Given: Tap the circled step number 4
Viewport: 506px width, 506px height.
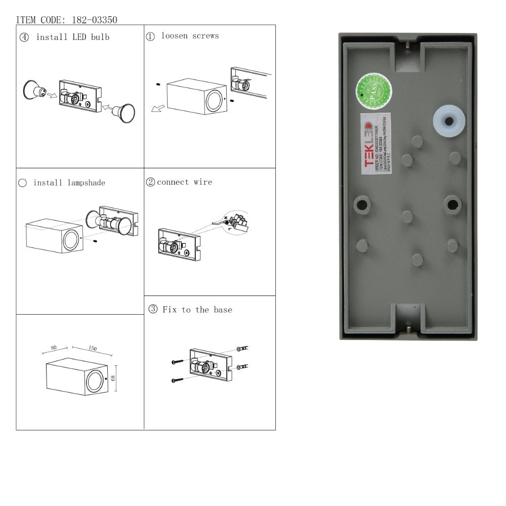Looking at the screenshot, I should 24,37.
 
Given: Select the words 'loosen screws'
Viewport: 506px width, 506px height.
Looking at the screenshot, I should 190,36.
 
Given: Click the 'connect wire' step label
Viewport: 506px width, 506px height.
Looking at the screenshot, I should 184,182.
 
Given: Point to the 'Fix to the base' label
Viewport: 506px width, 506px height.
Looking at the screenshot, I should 197,310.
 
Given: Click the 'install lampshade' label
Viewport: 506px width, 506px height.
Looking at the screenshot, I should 69,183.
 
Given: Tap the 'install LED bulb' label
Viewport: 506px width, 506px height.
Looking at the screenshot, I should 72,37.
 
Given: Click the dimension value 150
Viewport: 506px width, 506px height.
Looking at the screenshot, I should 92,349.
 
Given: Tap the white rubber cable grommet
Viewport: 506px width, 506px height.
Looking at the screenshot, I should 449,120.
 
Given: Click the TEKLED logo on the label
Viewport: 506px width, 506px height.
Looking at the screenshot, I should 368,145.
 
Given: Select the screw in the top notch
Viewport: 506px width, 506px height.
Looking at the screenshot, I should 408,47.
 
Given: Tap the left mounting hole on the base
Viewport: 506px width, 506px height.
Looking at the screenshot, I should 362,204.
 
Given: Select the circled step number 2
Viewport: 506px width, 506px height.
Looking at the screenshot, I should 150,183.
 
